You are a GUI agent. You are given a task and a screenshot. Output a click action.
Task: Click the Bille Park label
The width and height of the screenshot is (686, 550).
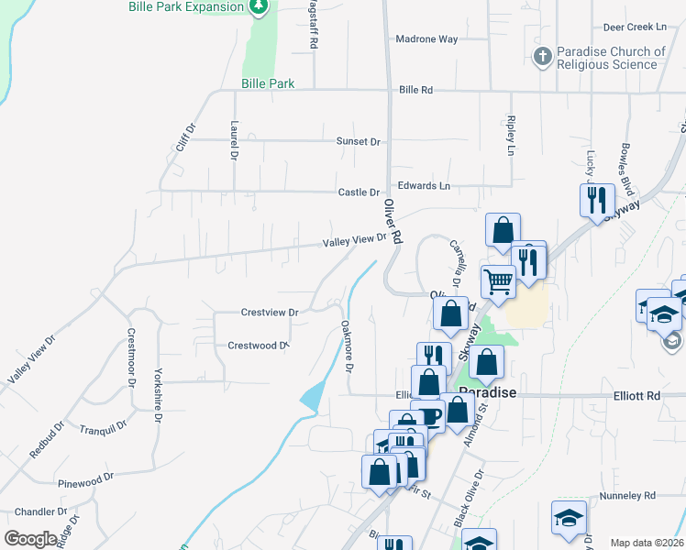tap(268, 83)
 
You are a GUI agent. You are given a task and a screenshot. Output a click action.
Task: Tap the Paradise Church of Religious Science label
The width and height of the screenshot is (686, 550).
tap(610, 58)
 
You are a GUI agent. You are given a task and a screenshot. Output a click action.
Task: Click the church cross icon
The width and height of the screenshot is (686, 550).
tap(541, 58)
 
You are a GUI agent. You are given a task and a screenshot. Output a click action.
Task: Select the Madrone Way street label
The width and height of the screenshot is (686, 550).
tap(426, 39)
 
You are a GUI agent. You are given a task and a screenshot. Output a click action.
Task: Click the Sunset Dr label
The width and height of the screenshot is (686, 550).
tap(358, 142)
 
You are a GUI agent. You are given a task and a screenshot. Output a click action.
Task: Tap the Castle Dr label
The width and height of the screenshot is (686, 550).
tap(359, 192)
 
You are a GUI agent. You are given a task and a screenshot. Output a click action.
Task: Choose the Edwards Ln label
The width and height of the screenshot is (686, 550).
tap(425, 186)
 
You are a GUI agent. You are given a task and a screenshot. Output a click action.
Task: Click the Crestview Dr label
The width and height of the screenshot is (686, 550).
tap(270, 313)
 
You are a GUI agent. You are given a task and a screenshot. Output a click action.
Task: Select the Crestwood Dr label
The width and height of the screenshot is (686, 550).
tap(258, 346)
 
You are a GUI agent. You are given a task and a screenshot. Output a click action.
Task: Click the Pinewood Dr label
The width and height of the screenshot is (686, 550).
tap(84, 478)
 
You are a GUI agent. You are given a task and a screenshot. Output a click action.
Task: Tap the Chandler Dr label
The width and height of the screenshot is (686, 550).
tap(35, 511)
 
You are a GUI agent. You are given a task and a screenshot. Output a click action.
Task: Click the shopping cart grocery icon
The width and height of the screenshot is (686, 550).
tap(498, 281)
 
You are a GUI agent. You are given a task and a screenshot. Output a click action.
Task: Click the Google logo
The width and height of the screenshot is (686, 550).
tap(31, 539)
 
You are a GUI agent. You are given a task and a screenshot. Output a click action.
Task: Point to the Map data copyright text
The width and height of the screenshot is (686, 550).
tap(647, 543)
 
